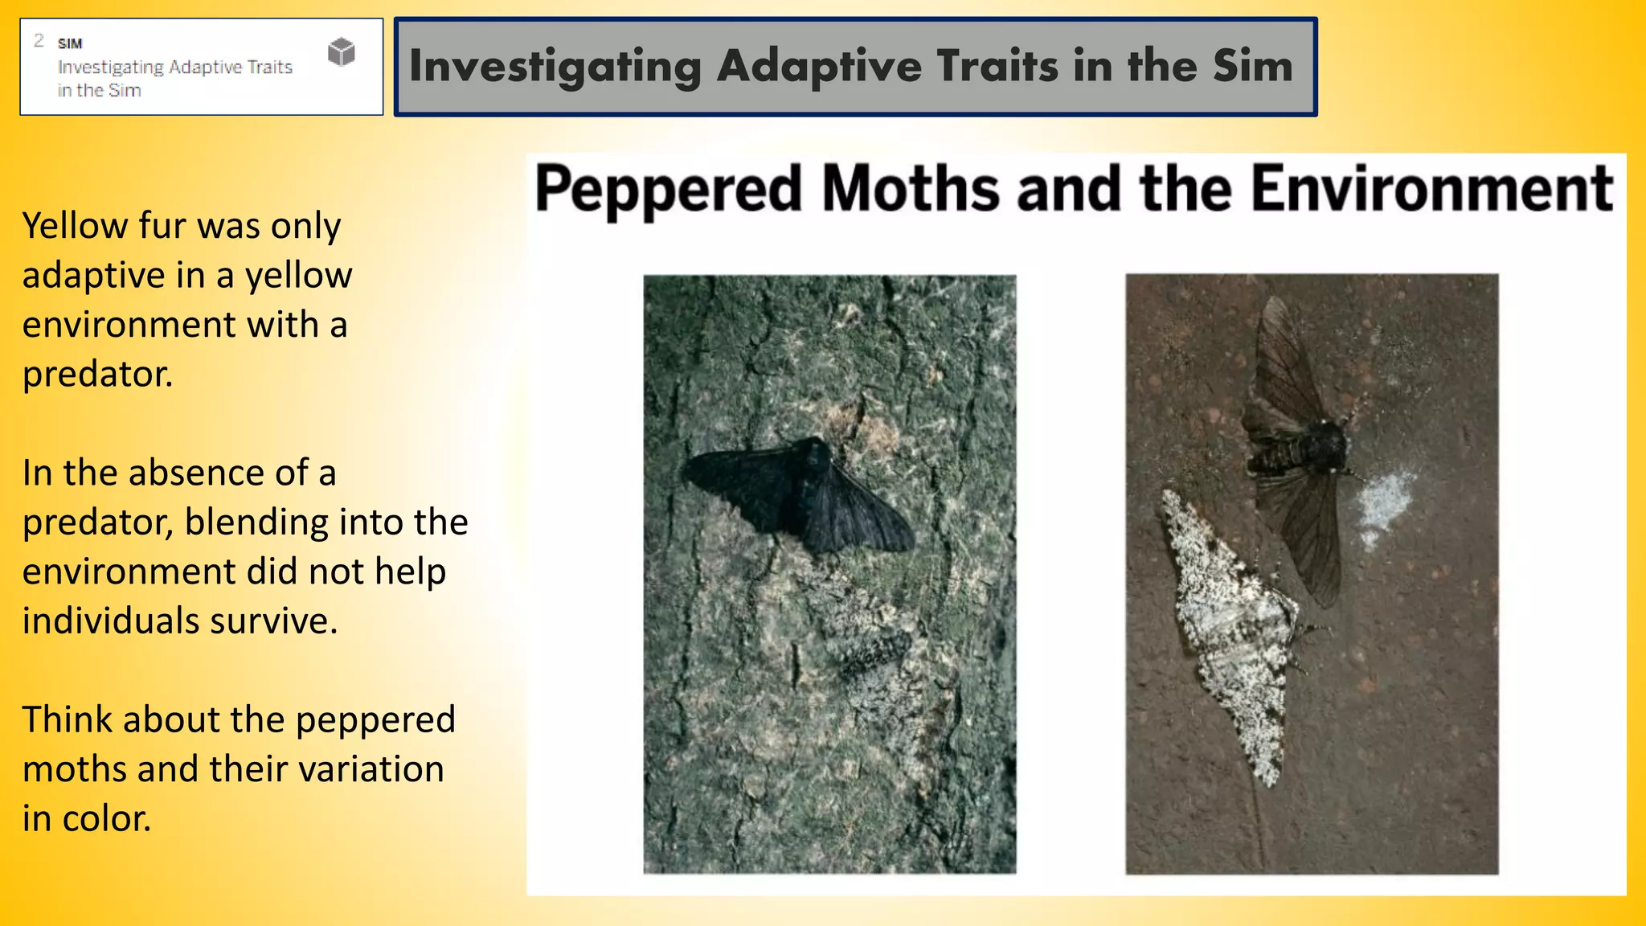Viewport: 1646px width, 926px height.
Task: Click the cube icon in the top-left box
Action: point(342,52)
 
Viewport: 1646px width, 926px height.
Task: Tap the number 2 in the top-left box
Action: point(39,40)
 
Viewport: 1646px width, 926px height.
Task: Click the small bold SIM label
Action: point(70,43)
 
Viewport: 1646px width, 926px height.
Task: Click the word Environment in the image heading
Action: point(1432,188)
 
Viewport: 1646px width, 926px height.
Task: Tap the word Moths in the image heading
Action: point(911,188)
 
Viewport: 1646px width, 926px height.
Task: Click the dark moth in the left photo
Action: point(800,494)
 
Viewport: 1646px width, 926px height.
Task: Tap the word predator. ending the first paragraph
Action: point(97,375)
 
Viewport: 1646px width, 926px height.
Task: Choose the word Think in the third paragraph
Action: point(67,719)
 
